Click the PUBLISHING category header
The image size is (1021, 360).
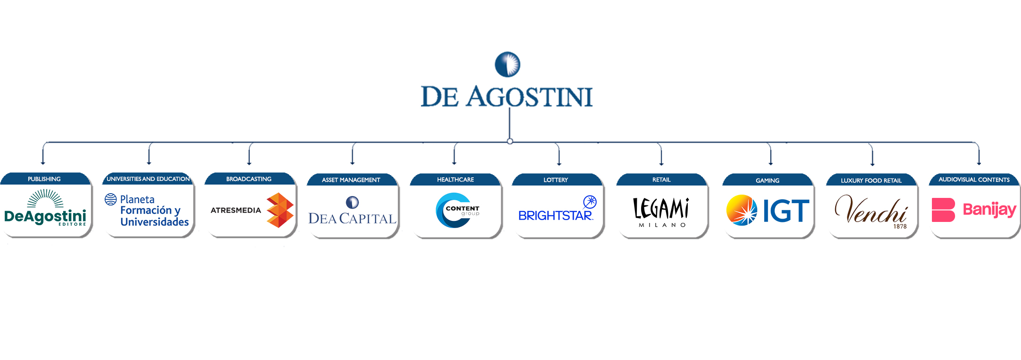pos(44,179)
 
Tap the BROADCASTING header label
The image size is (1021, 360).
pos(249,179)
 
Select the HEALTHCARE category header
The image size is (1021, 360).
pos(455,180)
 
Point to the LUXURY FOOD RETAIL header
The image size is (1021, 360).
pos(871,180)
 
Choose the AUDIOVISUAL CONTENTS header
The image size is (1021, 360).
pos(974,180)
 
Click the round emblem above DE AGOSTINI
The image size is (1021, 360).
pos(507,64)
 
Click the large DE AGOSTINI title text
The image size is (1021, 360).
pos(507,97)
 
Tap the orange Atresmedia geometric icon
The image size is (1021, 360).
pos(280,210)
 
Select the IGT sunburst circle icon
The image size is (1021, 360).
pos(742,210)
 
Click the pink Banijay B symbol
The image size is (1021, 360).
pos(943,210)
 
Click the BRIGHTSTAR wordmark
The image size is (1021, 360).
pos(555,216)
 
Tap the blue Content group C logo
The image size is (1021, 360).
pos(454,210)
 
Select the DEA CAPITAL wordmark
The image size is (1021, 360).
pos(352,219)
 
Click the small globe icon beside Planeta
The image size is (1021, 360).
pos(111,199)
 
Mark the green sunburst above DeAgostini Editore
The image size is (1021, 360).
pos(45,198)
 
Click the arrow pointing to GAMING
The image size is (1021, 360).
pos(771,154)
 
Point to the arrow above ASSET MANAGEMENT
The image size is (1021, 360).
pos(353,153)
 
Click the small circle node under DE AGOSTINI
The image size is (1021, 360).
pos(510,141)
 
